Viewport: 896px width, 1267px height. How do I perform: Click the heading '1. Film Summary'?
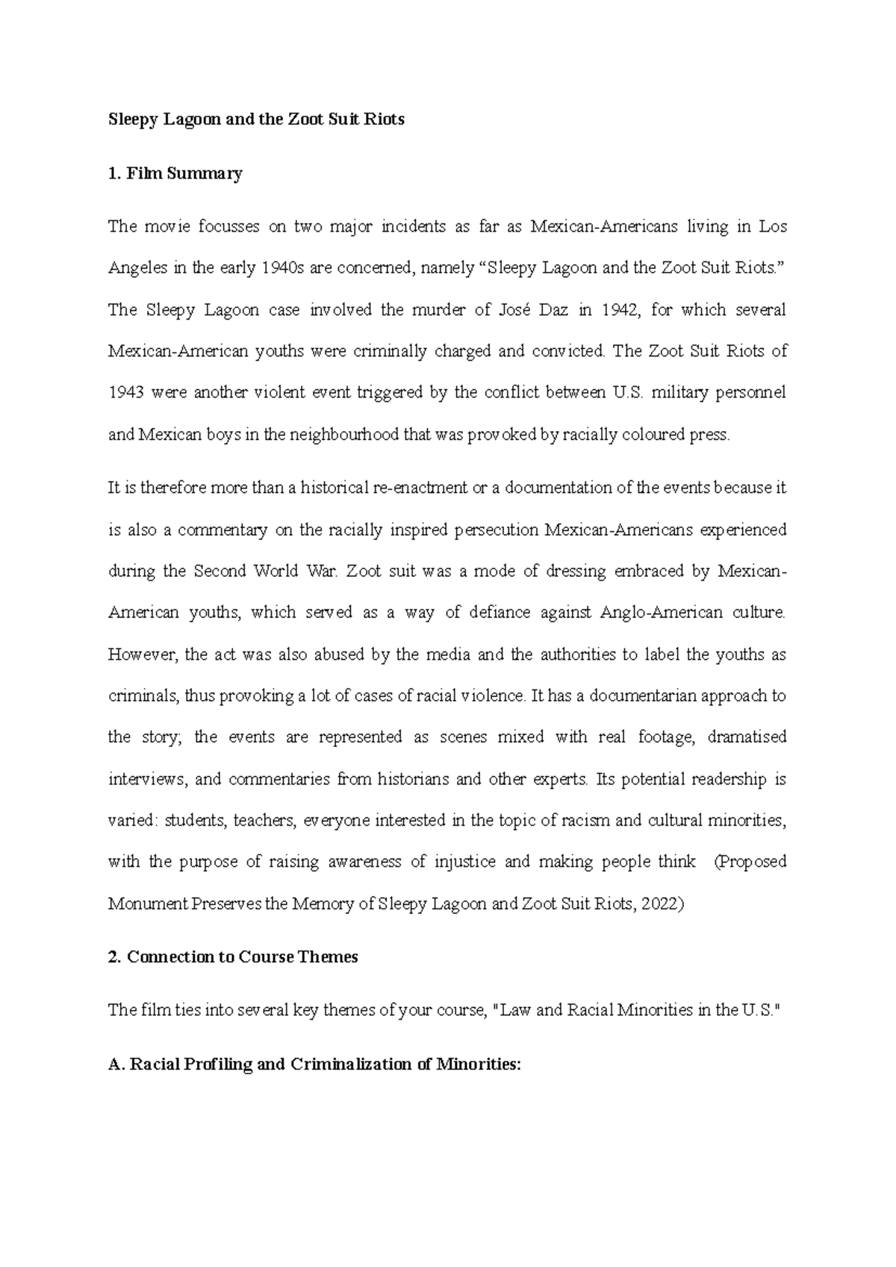tap(175, 174)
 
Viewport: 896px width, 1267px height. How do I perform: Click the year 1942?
tap(615, 310)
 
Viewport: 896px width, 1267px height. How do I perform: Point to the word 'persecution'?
tap(494, 530)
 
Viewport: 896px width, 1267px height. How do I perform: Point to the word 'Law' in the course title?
tap(516, 1011)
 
